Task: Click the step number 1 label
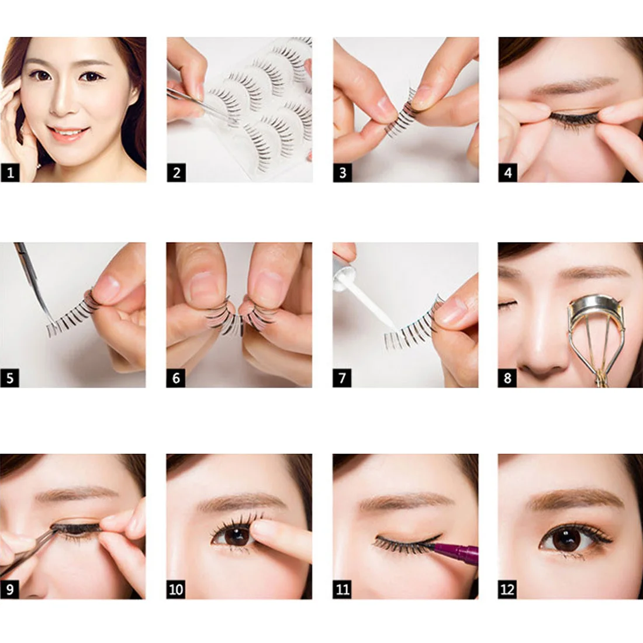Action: (x=10, y=172)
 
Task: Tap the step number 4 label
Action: (x=507, y=172)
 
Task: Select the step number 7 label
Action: (x=342, y=378)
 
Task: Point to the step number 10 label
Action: (x=176, y=589)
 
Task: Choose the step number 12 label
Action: (x=507, y=589)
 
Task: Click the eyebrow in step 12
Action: (x=576, y=498)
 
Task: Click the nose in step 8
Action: (x=541, y=357)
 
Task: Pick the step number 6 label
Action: (x=176, y=378)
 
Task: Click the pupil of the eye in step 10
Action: (x=237, y=535)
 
